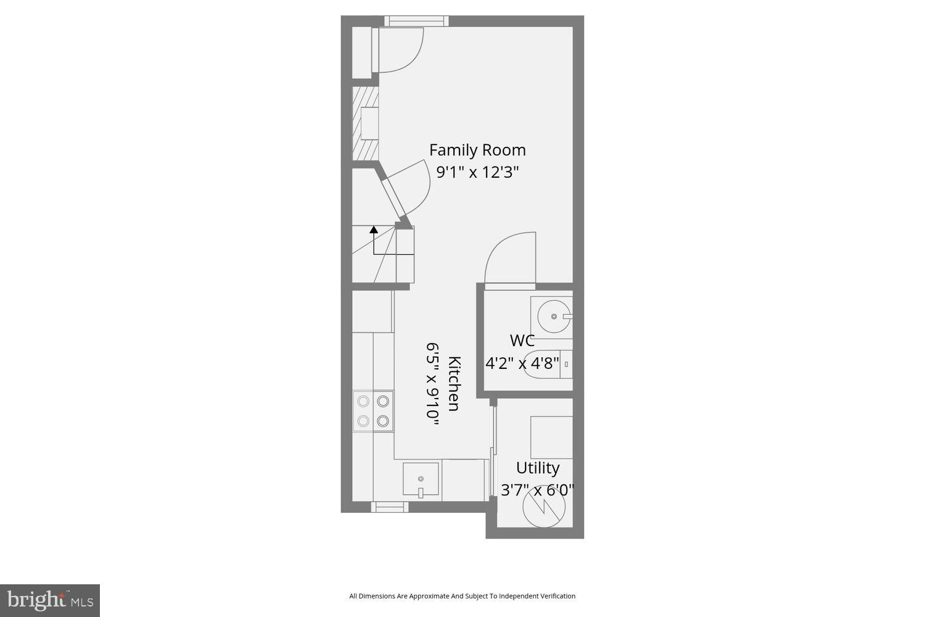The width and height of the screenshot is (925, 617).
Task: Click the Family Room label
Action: pyautogui.click(x=477, y=150)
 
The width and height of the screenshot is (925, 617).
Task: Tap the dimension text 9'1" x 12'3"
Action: pyautogui.click(x=477, y=172)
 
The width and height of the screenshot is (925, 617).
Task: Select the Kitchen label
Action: pyautogui.click(x=454, y=383)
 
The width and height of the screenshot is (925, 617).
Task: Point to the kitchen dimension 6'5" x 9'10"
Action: pyautogui.click(x=433, y=383)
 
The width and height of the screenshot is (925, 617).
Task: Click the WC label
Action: pyautogui.click(x=522, y=341)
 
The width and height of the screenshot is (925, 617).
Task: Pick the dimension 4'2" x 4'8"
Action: pyautogui.click(x=522, y=363)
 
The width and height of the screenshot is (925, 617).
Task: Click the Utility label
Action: pyautogui.click(x=538, y=468)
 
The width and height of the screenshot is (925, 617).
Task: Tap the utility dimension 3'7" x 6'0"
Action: pyautogui.click(x=537, y=490)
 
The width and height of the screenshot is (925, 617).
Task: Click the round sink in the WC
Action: pyautogui.click(x=554, y=316)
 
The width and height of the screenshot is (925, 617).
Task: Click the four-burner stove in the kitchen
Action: pyautogui.click(x=373, y=411)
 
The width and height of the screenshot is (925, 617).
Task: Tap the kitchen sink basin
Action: pyautogui.click(x=421, y=479)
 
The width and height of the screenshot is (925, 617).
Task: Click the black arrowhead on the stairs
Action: pyautogui.click(x=374, y=230)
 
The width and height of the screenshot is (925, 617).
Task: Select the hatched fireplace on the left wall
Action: pyautogui.click(x=364, y=124)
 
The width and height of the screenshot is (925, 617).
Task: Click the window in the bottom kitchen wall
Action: pyautogui.click(x=389, y=507)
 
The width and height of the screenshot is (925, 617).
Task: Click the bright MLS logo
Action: pyautogui.click(x=49, y=600)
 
